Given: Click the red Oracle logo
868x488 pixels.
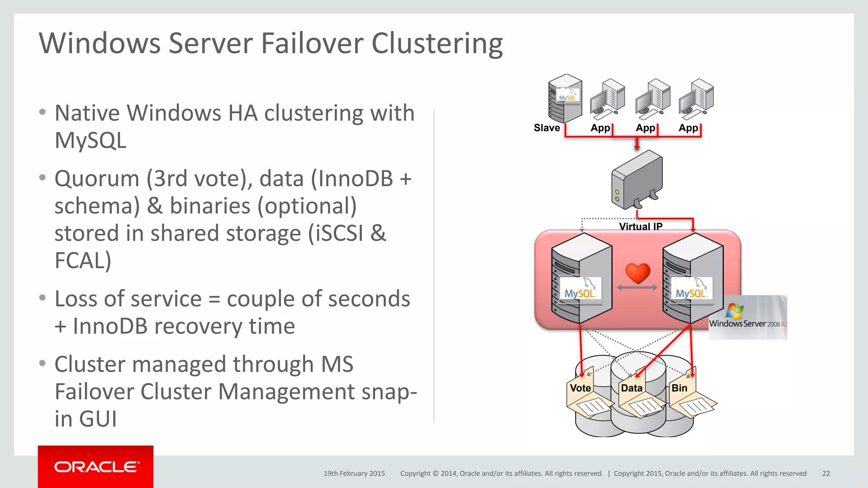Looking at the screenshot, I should [96, 466].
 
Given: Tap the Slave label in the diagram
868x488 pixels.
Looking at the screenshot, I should [547, 128].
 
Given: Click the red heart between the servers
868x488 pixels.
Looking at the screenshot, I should [637, 273].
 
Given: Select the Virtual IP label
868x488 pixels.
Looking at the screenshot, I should [640, 226].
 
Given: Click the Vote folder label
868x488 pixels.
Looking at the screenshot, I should [580, 388].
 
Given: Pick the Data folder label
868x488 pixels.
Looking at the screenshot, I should [632, 388].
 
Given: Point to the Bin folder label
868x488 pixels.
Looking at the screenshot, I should [679, 388].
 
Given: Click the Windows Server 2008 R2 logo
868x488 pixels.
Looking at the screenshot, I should [748, 318].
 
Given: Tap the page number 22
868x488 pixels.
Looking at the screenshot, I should [826, 474].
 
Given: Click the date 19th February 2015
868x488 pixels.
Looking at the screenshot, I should [354, 474].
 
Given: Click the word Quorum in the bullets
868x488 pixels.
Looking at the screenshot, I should [97, 178].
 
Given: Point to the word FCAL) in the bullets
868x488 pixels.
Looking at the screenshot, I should [83, 260].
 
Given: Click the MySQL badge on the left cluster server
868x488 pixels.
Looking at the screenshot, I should [580, 289].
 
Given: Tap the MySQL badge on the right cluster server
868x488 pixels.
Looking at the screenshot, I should [691, 289].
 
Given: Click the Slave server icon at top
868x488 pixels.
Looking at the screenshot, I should [565, 98].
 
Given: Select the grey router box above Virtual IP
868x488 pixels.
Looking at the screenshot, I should [637, 180].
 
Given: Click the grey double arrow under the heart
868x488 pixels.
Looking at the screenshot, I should [637, 288].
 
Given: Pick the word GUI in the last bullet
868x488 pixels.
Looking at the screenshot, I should [98, 419].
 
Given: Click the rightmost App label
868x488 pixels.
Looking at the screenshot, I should [688, 128].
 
